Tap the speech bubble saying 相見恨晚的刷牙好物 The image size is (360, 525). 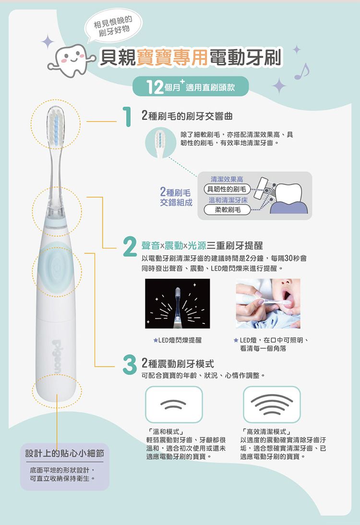click(113, 27)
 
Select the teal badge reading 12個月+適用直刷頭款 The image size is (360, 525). click(191, 87)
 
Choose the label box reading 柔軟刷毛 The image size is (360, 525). click(228, 210)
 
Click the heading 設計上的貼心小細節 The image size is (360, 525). click(65, 453)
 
